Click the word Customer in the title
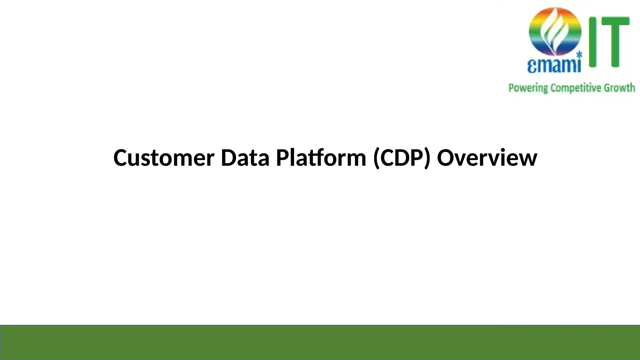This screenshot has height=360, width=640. (164, 158)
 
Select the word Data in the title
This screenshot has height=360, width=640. (245, 158)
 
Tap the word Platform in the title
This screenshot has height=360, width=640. (321, 158)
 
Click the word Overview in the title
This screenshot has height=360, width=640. (487, 158)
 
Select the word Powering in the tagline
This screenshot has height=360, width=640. (528, 88)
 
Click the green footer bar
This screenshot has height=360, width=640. (320, 342)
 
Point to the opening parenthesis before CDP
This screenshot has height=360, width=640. (376, 158)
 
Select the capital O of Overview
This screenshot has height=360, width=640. (446, 158)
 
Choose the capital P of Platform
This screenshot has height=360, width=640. (282, 158)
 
